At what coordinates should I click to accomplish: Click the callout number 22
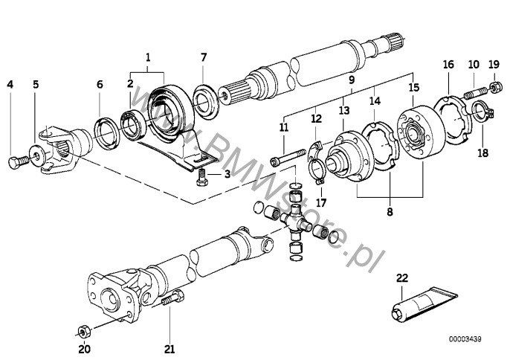coord(402,278)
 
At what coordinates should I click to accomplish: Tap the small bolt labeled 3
coord(202,178)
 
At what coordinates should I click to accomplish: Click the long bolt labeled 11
coord(288,156)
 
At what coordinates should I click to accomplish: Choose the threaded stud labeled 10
coord(474,91)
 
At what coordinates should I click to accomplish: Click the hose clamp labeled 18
coord(483,112)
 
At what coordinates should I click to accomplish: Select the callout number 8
coord(390,212)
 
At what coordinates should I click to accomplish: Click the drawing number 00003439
coord(465,339)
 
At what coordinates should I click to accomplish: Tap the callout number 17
coord(320,203)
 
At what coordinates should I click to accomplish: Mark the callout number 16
coord(448,64)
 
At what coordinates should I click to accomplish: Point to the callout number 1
coord(148,57)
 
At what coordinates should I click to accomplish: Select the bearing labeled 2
coord(132,126)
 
